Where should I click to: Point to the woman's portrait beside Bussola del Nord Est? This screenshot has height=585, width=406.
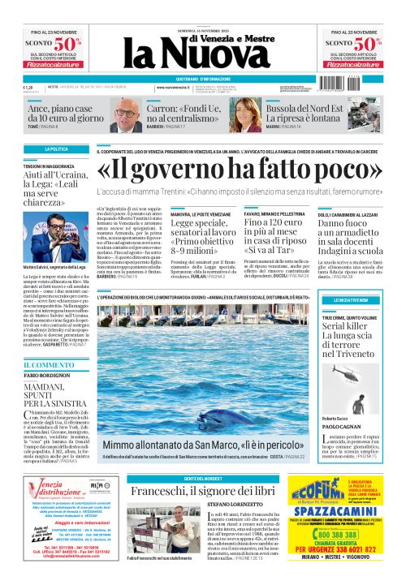click(267, 112)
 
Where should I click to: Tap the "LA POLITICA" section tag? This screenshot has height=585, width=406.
click(56, 149)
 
